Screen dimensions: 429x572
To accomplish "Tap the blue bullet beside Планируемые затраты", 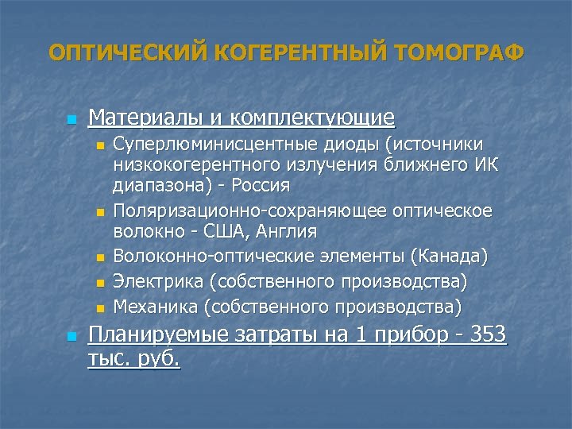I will point(71,337).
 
